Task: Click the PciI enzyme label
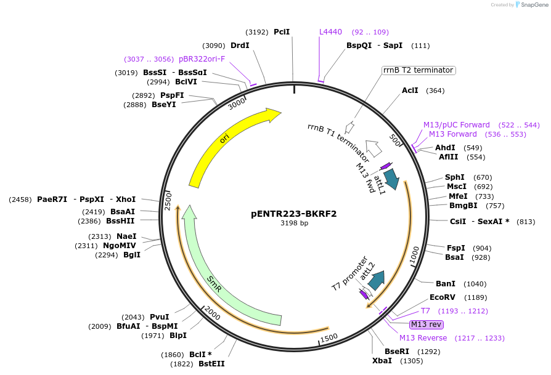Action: [282, 31]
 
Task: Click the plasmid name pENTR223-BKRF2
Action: [293, 214]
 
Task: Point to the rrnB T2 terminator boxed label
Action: [418, 70]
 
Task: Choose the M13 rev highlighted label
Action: [426, 325]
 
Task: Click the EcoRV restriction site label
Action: [442, 297]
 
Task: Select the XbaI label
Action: [382, 360]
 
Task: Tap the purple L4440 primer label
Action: [330, 31]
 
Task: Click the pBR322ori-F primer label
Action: [202, 59]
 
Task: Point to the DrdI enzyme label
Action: [240, 45]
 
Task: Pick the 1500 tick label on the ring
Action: [329, 337]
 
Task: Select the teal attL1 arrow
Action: [391, 179]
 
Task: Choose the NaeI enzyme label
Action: [126, 236]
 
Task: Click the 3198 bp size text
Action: [294, 223]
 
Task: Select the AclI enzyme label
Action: [410, 91]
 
